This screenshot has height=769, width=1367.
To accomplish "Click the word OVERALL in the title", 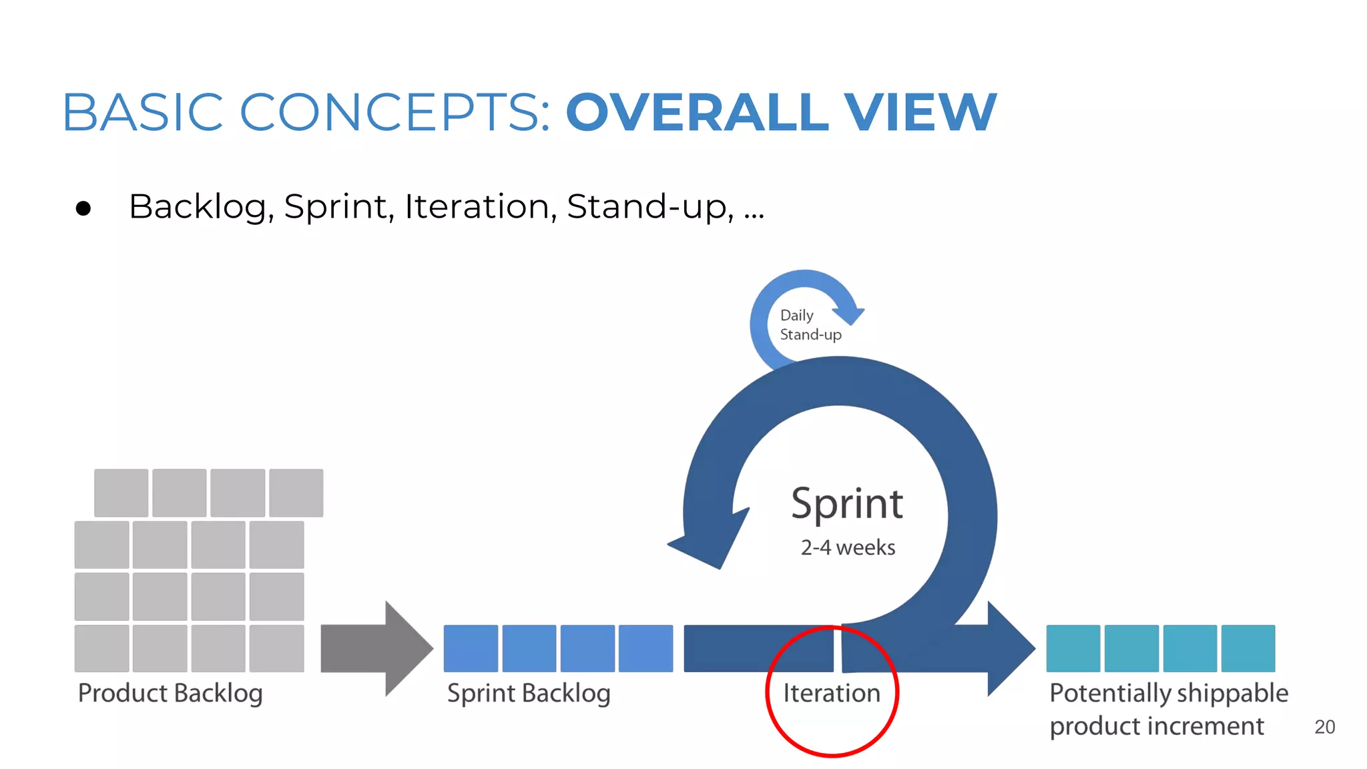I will [x=698, y=112].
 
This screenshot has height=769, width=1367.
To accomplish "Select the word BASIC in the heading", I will [x=143, y=112].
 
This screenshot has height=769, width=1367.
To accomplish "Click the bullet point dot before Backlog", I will [x=83, y=209].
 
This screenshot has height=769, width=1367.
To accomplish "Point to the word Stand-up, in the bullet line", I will [x=649, y=206].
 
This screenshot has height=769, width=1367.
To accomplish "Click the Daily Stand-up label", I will [x=810, y=325].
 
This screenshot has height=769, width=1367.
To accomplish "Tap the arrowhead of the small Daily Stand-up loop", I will [x=850, y=313].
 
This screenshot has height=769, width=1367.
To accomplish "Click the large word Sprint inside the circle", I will [x=846, y=504].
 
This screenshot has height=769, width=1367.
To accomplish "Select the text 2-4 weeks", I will [x=848, y=547].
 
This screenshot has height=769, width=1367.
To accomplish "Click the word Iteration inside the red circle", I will [x=832, y=693].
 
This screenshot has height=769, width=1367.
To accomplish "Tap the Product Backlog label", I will [x=170, y=693].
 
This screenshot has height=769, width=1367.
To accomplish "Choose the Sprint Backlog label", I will [x=529, y=693].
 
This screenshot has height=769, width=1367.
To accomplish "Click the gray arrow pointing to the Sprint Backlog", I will [x=377, y=648].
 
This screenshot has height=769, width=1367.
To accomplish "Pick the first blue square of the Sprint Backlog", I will [x=471, y=648].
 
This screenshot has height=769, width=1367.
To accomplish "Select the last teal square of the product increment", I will [x=1248, y=648].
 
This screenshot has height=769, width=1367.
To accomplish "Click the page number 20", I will [x=1324, y=727].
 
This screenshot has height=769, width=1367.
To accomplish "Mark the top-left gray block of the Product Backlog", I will [x=121, y=493].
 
